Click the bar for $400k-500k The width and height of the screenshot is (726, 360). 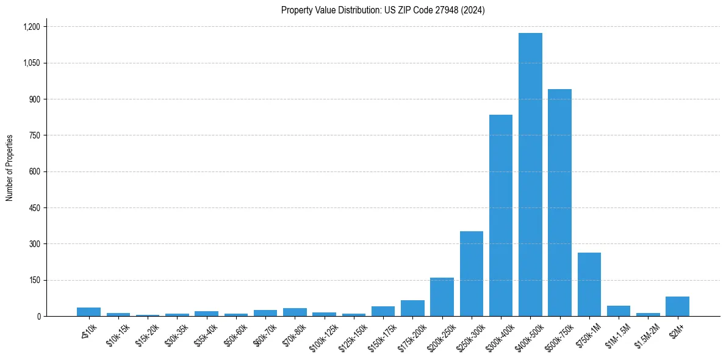[530, 175]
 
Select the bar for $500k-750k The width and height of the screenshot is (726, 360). [559, 203]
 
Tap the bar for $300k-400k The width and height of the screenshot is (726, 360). [501, 215]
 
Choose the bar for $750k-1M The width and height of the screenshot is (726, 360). [589, 284]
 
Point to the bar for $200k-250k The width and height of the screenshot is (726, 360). [442, 297]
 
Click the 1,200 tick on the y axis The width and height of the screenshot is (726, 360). [31, 27]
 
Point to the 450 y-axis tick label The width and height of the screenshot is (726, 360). [34, 208]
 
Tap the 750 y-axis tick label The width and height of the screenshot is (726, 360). [34, 135]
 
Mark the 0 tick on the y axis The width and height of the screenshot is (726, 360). [38, 317]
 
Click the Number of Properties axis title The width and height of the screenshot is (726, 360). [10, 168]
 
